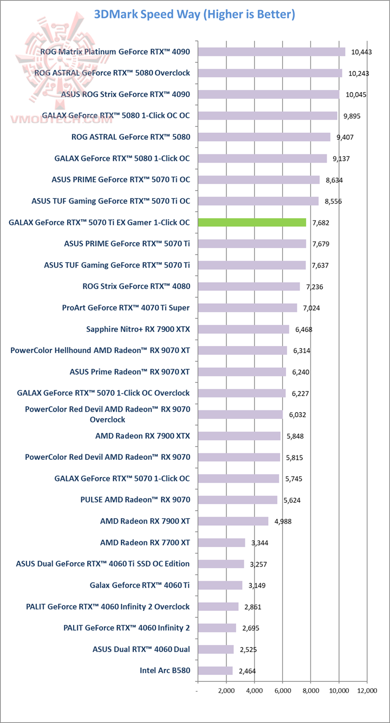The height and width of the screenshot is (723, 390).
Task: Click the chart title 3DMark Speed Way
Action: (x=194, y=15)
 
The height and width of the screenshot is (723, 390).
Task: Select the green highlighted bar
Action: (x=252, y=222)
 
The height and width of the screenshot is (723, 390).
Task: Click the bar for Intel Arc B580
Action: (x=215, y=670)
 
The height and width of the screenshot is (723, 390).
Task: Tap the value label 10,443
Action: (x=362, y=52)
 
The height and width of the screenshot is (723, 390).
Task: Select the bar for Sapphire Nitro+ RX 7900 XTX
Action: (x=243, y=329)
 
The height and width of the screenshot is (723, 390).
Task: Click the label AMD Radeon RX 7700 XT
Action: (x=145, y=542)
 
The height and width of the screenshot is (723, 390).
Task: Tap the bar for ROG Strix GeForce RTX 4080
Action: (x=249, y=286)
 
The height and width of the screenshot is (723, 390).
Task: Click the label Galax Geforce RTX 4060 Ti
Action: (x=140, y=585)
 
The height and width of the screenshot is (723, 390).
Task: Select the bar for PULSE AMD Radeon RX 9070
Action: (x=237, y=499)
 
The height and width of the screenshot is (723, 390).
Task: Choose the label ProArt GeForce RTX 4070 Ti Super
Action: (x=126, y=308)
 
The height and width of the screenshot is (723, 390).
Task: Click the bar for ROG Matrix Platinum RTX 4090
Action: (x=271, y=51)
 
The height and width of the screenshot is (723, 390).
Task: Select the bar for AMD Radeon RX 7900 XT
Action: (x=233, y=521)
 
